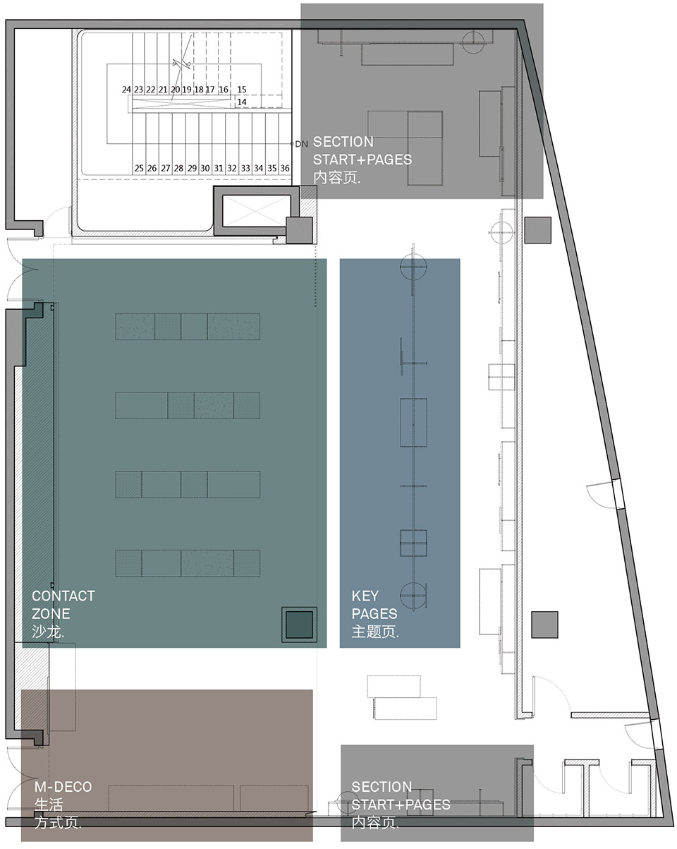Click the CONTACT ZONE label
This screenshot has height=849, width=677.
click(x=63, y=605)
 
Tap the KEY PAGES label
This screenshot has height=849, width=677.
click(x=374, y=605)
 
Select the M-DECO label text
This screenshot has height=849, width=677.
click(x=63, y=786)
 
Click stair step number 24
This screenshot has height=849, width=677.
click(x=126, y=90)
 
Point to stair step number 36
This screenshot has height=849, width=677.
click(x=285, y=168)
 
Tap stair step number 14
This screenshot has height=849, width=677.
click(x=241, y=102)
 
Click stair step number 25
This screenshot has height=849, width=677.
click(x=139, y=168)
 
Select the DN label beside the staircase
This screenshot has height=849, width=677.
click(x=301, y=144)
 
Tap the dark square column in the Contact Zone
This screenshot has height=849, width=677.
click(x=298, y=625)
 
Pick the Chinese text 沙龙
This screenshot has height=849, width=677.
click(x=47, y=632)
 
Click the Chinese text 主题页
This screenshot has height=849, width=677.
click(x=375, y=632)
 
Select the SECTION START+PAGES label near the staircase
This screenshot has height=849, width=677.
click(x=362, y=150)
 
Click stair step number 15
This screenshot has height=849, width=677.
click(x=241, y=90)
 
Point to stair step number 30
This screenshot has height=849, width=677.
click(x=205, y=168)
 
